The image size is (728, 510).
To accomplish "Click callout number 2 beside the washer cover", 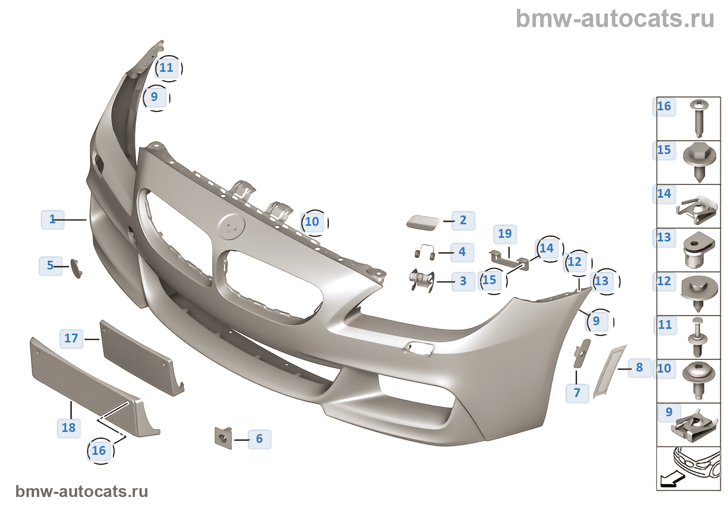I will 463,221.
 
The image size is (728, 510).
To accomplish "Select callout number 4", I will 462,252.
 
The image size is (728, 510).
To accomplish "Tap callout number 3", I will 463,282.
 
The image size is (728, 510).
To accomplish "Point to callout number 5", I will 50,266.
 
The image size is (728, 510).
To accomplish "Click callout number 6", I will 259,439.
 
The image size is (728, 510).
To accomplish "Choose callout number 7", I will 577,393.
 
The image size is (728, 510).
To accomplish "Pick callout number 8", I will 639,368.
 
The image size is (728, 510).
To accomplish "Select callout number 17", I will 71,339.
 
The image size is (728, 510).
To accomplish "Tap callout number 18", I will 69,428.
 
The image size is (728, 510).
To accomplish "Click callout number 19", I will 505,234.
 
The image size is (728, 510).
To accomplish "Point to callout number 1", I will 53,220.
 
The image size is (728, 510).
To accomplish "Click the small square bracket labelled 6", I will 223,437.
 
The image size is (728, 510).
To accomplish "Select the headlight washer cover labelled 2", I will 423,222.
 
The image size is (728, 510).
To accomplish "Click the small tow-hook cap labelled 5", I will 76,267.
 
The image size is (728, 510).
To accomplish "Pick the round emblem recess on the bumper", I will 230,227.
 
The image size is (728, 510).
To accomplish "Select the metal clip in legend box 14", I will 697,209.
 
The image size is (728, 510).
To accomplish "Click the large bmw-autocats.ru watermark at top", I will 615,19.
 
